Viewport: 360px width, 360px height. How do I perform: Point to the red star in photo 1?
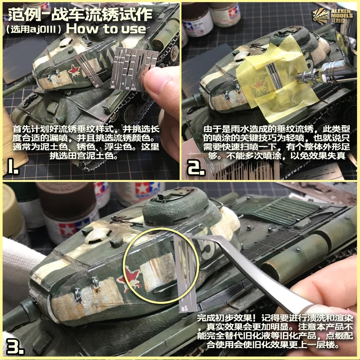coord(74,71)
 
